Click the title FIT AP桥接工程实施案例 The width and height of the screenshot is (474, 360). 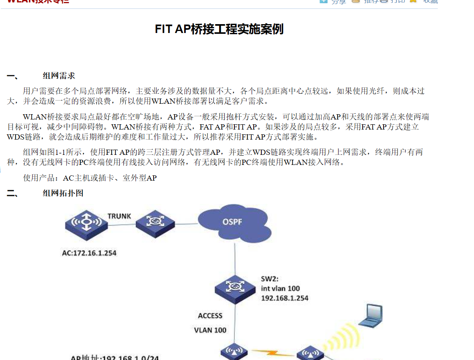pos(219,29)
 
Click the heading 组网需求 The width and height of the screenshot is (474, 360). pos(59,76)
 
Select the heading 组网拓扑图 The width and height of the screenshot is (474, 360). pos(63,193)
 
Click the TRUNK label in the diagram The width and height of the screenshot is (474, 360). pos(119,216)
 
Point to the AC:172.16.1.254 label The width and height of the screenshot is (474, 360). pos(89,253)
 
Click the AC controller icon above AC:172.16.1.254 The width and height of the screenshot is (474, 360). pos(86,224)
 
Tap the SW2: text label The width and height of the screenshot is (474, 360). pos(270,278)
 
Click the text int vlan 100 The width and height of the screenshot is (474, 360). pos(280,288)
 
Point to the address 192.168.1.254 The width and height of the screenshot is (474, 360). pos(285,298)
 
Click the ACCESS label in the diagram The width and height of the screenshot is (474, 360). pos(210,316)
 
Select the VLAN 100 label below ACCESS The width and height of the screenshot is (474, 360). pos(210,330)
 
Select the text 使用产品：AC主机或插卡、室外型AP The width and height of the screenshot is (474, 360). pos(90,178)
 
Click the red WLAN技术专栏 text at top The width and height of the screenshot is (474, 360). pos(38,1)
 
